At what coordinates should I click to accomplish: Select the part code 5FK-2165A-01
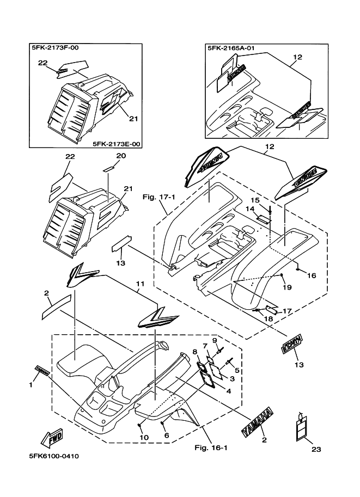(x=231, y=48)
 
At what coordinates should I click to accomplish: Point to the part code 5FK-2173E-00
(x=117, y=144)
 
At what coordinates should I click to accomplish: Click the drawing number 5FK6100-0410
(x=52, y=456)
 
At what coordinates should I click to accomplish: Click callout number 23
(x=316, y=449)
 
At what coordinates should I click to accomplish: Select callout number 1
(x=30, y=385)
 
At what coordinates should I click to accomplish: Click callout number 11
(x=140, y=284)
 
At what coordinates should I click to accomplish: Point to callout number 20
(x=121, y=156)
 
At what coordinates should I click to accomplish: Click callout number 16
(x=312, y=275)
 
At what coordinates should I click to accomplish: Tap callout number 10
(x=144, y=437)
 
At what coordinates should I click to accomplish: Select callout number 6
(x=167, y=435)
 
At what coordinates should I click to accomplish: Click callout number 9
(x=215, y=340)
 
